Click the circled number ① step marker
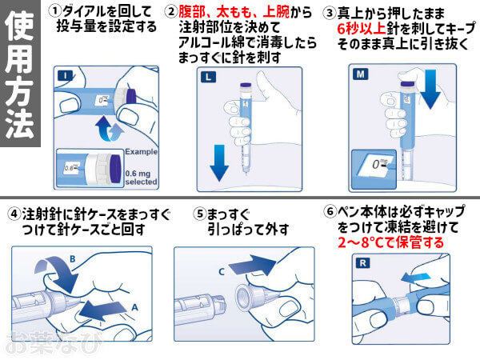coord(54,11)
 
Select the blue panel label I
coord(62,75)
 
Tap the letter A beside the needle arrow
coord(135,306)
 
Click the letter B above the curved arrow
coord(72,258)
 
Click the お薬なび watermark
coord(39,343)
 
